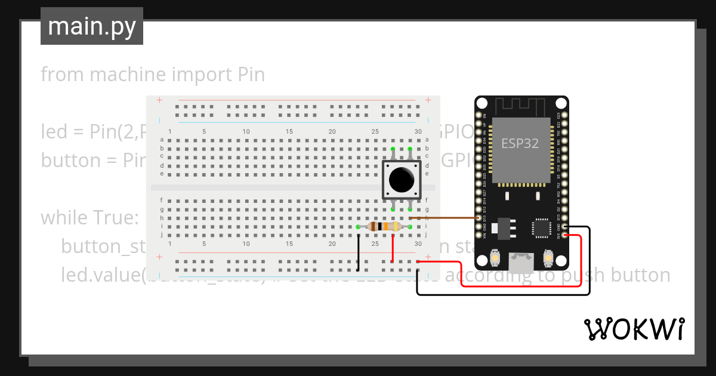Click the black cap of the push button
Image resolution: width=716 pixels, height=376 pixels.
click(x=401, y=179)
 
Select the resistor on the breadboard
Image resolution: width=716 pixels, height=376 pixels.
click(x=384, y=226)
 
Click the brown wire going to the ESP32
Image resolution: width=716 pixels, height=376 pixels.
click(x=447, y=218)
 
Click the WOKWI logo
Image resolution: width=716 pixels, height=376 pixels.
click(x=634, y=329)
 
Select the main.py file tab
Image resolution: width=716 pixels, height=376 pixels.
click(x=92, y=26)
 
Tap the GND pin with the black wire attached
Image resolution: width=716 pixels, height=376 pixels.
click(x=565, y=227)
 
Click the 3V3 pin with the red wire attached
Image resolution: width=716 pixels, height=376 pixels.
click(x=565, y=235)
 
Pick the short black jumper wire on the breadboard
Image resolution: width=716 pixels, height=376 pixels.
click(x=358, y=252)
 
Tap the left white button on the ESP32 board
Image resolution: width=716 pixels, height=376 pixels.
click(x=494, y=258)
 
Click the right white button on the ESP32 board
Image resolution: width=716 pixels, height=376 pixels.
click(x=548, y=258)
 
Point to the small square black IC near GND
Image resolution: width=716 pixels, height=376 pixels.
click(x=541, y=227)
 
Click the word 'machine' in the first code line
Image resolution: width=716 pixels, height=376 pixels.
click(x=125, y=75)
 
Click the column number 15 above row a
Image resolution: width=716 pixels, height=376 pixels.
click(x=289, y=131)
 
